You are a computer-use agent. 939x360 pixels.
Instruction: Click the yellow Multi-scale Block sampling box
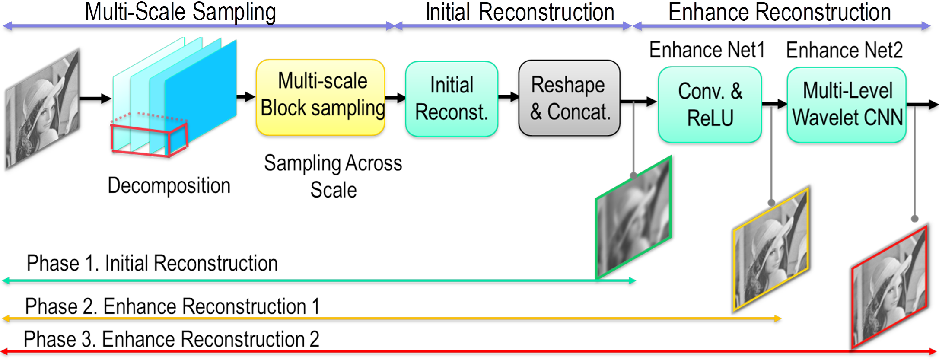point(321,97)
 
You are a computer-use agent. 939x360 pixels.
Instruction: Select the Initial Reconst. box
point(452,99)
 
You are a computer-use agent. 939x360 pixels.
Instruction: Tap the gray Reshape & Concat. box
point(570,98)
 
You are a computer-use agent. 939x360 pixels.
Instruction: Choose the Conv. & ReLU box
point(710,105)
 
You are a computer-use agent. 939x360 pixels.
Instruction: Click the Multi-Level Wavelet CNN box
point(847,105)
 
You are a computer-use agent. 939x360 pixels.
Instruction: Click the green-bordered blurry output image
point(633,217)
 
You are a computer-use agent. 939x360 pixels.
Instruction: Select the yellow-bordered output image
point(771,249)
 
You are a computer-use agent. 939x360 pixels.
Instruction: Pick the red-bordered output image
point(890,287)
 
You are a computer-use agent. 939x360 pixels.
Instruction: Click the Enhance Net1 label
point(707,50)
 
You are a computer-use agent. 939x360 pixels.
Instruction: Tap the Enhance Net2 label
point(844,50)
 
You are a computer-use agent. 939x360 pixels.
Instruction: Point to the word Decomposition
point(169,186)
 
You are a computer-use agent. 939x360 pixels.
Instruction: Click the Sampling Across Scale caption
point(333,176)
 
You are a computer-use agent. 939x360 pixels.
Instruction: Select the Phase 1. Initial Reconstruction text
point(152,263)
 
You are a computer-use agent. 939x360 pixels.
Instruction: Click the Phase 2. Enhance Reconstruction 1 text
point(172,306)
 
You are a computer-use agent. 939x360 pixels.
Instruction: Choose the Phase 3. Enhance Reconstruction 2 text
point(172,339)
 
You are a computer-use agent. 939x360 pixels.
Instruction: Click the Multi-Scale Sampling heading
point(181,12)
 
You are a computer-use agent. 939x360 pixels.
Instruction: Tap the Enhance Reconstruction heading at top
point(780,12)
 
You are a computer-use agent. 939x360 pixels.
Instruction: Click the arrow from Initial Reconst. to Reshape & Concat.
point(509,97)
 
